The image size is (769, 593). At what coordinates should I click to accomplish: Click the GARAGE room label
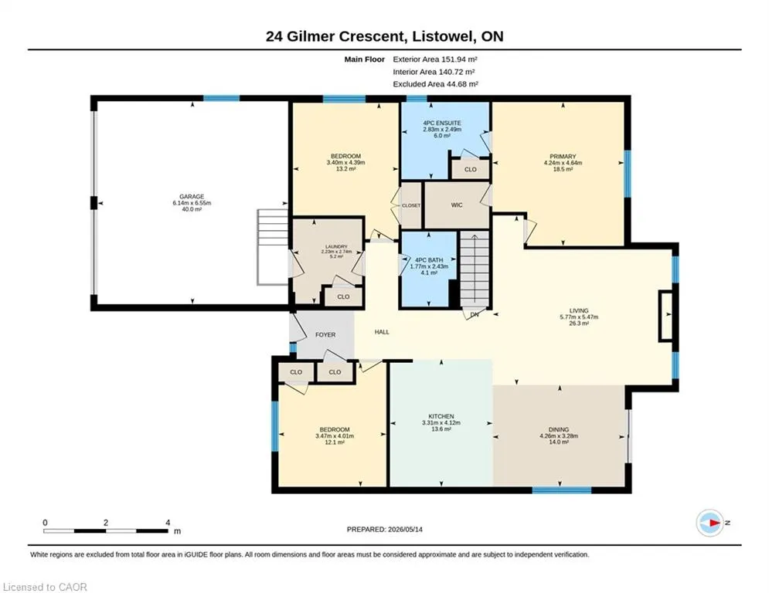click(191, 197)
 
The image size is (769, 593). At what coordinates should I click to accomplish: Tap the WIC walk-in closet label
click(457, 205)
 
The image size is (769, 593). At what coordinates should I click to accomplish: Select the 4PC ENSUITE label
click(442, 123)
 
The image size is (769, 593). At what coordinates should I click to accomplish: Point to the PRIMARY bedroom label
click(563, 156)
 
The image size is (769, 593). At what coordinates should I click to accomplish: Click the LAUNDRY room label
click(336, 246)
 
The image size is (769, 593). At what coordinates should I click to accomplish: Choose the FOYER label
click(325, 335)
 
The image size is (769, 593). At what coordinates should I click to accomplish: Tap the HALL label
click(382, 332)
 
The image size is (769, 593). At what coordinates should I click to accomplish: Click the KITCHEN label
click(441, 416)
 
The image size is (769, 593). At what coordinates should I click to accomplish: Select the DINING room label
click(559, 429)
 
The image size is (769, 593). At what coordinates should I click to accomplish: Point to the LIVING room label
click(579, 310)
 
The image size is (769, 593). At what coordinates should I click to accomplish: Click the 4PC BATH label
click(429, 260)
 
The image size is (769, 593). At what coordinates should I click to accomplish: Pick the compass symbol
click(710, 523)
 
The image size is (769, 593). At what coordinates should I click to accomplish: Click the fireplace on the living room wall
click(666, 316)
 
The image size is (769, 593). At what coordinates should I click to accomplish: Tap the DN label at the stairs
click(475, 314)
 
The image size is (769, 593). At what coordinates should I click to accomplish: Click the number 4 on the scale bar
click(168, 523)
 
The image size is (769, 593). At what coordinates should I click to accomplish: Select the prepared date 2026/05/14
click(405, 529)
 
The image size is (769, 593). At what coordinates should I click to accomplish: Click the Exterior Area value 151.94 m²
click(460, 59)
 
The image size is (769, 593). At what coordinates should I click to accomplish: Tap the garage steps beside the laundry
click(272, 247)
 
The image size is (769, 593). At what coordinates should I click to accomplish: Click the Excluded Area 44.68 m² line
click(435, 84)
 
